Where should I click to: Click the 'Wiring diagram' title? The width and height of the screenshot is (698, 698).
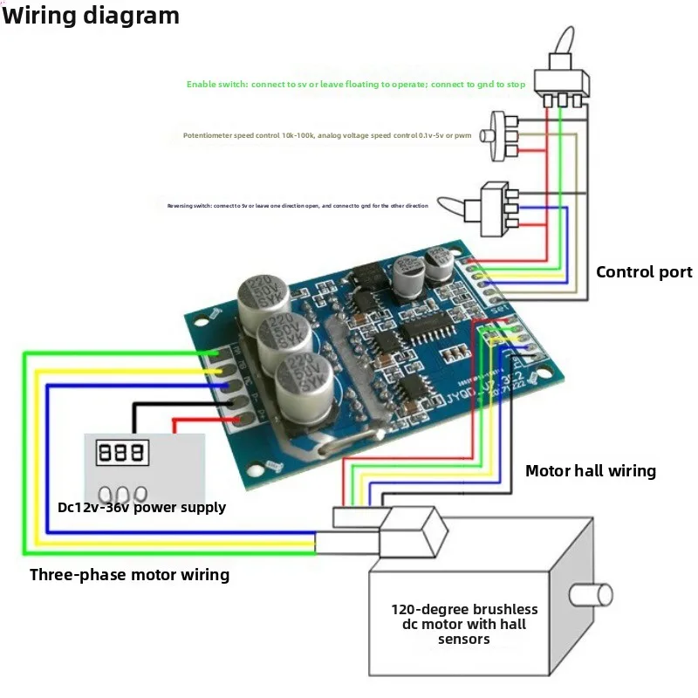[91, 15]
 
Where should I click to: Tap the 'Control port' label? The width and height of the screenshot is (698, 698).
[644, 272]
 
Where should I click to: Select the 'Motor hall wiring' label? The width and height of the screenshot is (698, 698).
[590, 471]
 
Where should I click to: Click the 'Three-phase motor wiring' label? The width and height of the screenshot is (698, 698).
[129, 575]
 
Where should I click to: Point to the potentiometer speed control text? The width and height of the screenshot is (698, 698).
[333, 135]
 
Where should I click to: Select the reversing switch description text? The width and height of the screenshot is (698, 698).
[298, 206]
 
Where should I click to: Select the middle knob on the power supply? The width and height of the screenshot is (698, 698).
[123, 493]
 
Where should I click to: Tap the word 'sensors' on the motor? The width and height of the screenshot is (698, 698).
[463, 640]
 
